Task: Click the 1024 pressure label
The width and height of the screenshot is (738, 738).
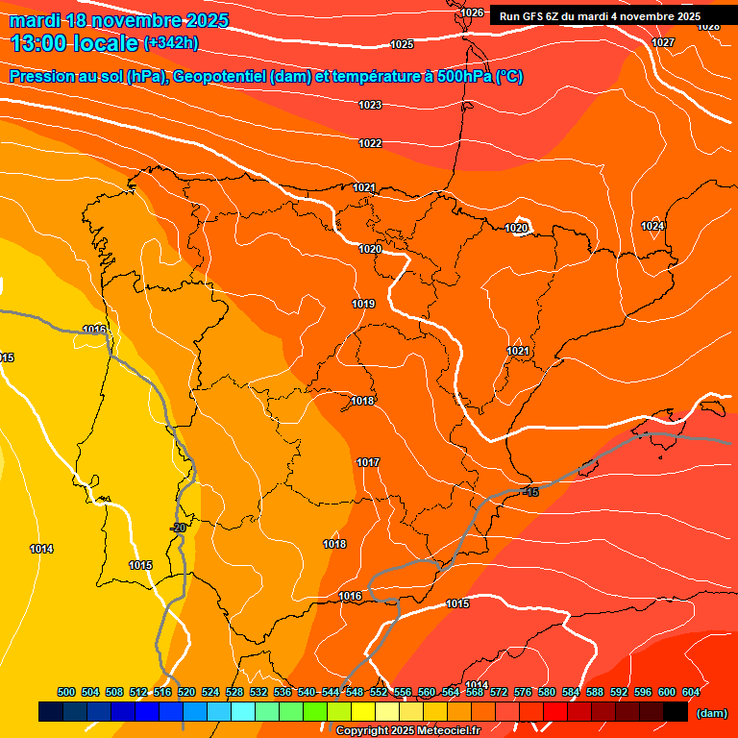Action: [x=652, y=226]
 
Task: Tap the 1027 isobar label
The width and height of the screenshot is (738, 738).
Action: [x=663, y=42]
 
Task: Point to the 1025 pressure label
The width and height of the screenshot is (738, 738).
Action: [x=402, y=44]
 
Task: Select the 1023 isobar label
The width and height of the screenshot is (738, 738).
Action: [x=370, y=105]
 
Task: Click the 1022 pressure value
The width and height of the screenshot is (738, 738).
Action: [x=370, y=143]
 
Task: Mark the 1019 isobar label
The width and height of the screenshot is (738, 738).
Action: [x=363, y=304]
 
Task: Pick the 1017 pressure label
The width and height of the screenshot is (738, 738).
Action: [x=368, y=462]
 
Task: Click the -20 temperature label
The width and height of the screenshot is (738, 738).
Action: [x=178, y=528]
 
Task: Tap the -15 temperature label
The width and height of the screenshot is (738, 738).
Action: [x=530, y=492]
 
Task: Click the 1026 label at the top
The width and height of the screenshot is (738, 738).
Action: [x=472, y=12]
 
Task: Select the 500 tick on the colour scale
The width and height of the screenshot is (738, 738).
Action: [x=66, y=692]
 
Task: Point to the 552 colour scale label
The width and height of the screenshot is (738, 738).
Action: [x=379, y=692]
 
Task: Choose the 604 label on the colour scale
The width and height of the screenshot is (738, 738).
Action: [x=691, y=692]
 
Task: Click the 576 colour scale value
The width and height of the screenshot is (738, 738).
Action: [x=523, y=692]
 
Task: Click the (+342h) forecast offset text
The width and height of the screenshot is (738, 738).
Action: [x=171, y=42]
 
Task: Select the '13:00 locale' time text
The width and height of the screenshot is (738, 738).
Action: [x=74, y=42]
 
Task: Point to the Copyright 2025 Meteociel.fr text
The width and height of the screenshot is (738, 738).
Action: [x=407, y=730]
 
